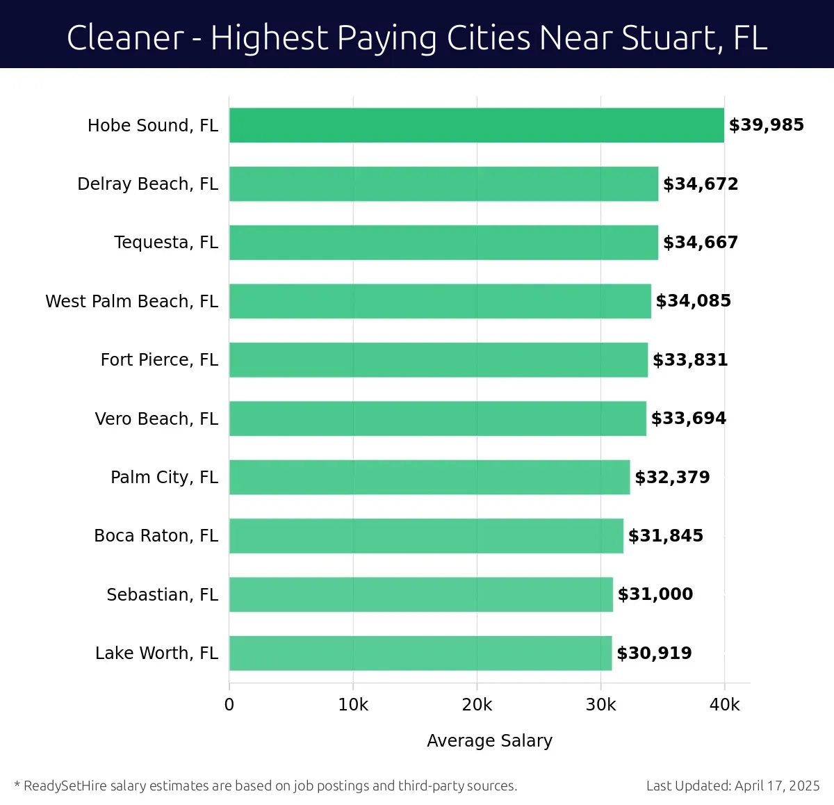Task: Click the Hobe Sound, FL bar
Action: tap(476, 125)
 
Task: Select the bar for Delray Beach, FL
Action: tap(443, 184)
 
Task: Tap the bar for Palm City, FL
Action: tap(430, 477)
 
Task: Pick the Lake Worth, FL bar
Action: tap(420, 653)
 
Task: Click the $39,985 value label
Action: tap(766, 125)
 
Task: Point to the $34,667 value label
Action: tap(700, 243)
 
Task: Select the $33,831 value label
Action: tap(690, 360)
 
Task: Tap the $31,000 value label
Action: tap(655, 594)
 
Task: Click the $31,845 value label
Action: tap(665, 536)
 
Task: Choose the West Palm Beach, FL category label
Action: tap(131, 301)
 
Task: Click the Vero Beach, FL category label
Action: tap(156, 418)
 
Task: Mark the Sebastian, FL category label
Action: tap(162, 594)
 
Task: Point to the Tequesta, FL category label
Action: tap(166, 243)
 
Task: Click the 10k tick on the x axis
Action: tap(353, 705)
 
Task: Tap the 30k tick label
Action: tap(600, 705)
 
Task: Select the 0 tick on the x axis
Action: tap(229, 705)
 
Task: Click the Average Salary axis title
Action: tap(489, 740)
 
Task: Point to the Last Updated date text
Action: tap(733, 786)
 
